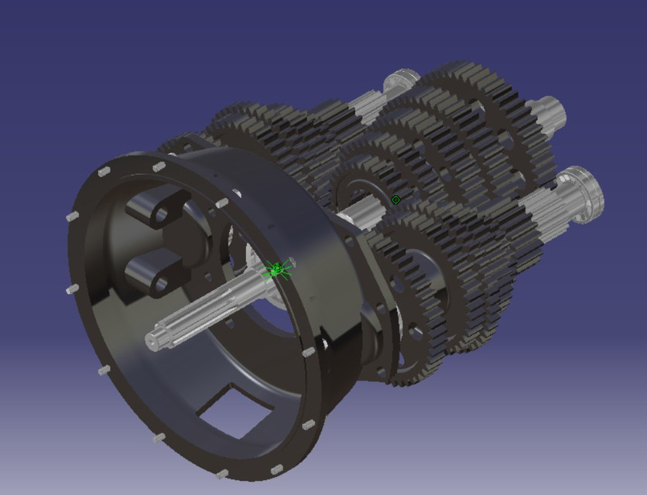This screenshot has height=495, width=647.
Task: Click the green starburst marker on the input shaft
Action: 277,270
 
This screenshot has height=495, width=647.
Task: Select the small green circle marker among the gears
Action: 396,200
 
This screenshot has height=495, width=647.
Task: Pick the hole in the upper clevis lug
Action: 163,214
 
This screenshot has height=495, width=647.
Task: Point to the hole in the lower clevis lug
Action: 163,284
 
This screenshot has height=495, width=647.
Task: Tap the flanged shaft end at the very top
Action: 403,81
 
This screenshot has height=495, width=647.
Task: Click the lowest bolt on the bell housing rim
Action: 222,473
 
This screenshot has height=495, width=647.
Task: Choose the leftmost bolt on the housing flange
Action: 72,217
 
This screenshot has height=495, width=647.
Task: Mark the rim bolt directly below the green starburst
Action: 309,352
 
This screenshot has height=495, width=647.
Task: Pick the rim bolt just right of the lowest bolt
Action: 277,469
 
